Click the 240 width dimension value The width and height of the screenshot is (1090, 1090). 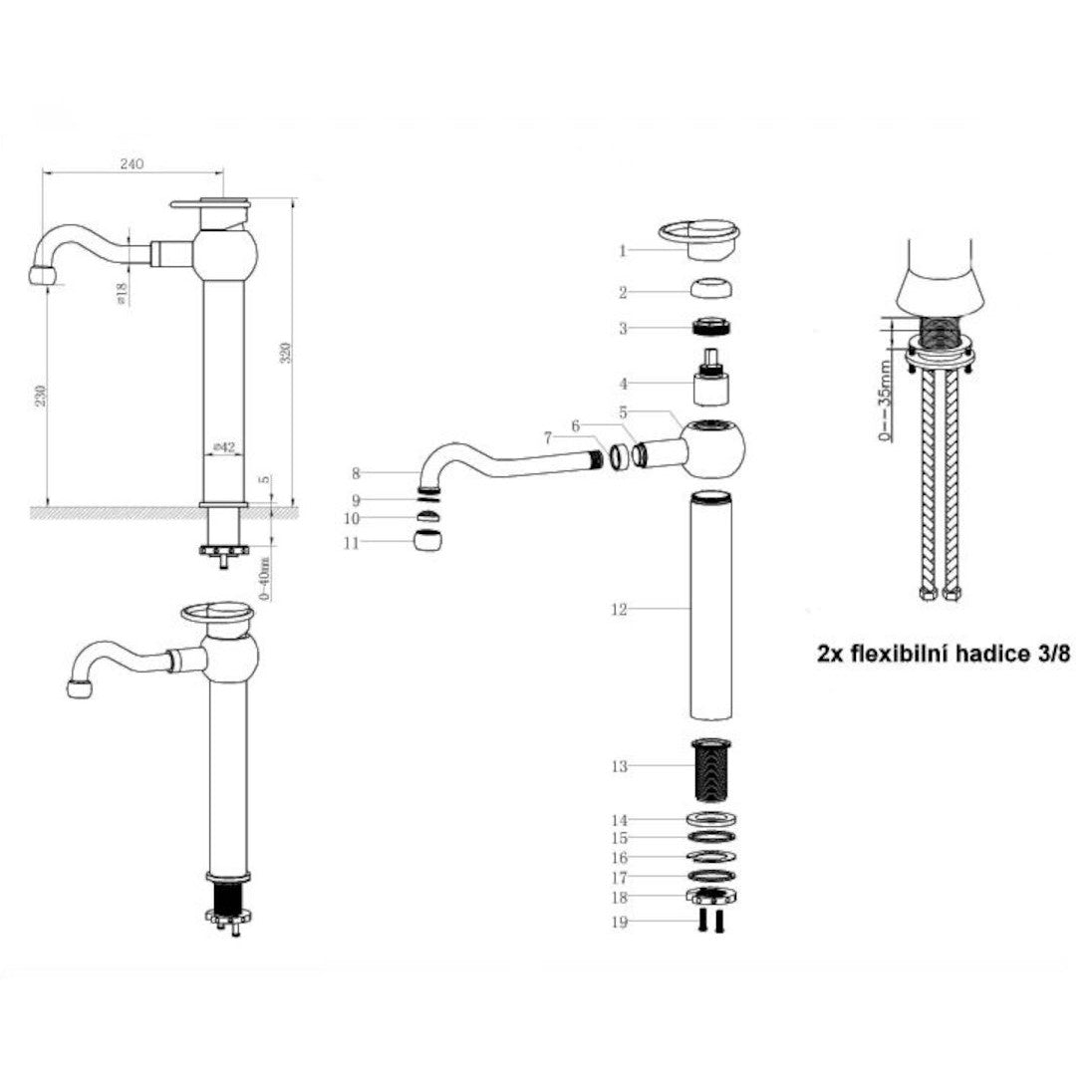point(133,164)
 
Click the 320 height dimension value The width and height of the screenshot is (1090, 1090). point(285,353)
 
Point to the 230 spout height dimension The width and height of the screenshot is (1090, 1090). point(42,397)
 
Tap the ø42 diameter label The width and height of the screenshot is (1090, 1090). point(224,447)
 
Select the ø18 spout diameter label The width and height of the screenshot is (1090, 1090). point(121,295)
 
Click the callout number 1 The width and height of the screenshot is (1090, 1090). point(623,250)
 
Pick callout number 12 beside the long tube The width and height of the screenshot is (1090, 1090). point(619,610)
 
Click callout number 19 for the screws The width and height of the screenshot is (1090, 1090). point(619,922)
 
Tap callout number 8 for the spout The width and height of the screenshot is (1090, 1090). point(356,473)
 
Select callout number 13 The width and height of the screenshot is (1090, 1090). point(619,766)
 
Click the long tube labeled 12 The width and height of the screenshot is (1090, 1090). point(711,605)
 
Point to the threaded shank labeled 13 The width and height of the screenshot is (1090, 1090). point(711,770)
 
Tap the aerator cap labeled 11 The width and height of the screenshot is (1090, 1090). point(427,540)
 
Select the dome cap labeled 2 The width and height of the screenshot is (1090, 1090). point(712,288)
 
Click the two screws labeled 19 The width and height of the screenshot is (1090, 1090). point(711,921)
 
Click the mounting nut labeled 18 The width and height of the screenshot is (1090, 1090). point(711,896)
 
